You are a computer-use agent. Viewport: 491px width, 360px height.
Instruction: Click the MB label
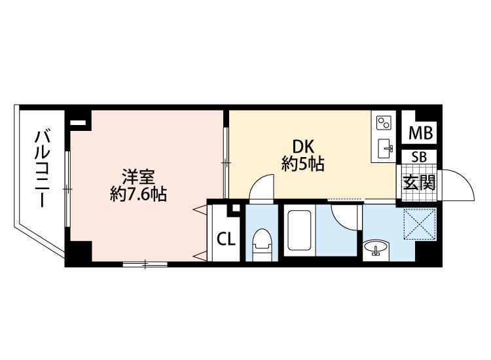tap(421, 133)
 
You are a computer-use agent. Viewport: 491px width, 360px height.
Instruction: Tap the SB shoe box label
tap(419, 157)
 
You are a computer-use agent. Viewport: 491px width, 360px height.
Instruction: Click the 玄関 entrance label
tap(419, 183)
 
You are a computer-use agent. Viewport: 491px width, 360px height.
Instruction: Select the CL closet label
tap(226, 240)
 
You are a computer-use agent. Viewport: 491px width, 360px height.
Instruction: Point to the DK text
tap(303, 147)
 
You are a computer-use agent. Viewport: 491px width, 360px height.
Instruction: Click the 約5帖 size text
tap(303, 164)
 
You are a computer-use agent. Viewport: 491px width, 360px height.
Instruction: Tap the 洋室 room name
tap(138, 177)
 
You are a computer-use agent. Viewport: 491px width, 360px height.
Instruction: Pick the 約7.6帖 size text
tap(138, 194)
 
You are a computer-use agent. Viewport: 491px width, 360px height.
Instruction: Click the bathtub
tap(299, 230)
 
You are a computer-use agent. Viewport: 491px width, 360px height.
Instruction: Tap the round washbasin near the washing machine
tap(376, 248)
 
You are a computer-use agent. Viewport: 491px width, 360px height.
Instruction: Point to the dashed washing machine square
tap(420, 224)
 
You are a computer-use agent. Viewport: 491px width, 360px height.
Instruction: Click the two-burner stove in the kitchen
tap(384, 122)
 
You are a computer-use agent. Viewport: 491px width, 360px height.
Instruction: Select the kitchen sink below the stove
tap(386, 149)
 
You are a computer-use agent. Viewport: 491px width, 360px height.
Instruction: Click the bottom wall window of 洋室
tap(145, 264)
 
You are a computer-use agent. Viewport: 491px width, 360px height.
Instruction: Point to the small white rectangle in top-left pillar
tap(78, 122)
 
